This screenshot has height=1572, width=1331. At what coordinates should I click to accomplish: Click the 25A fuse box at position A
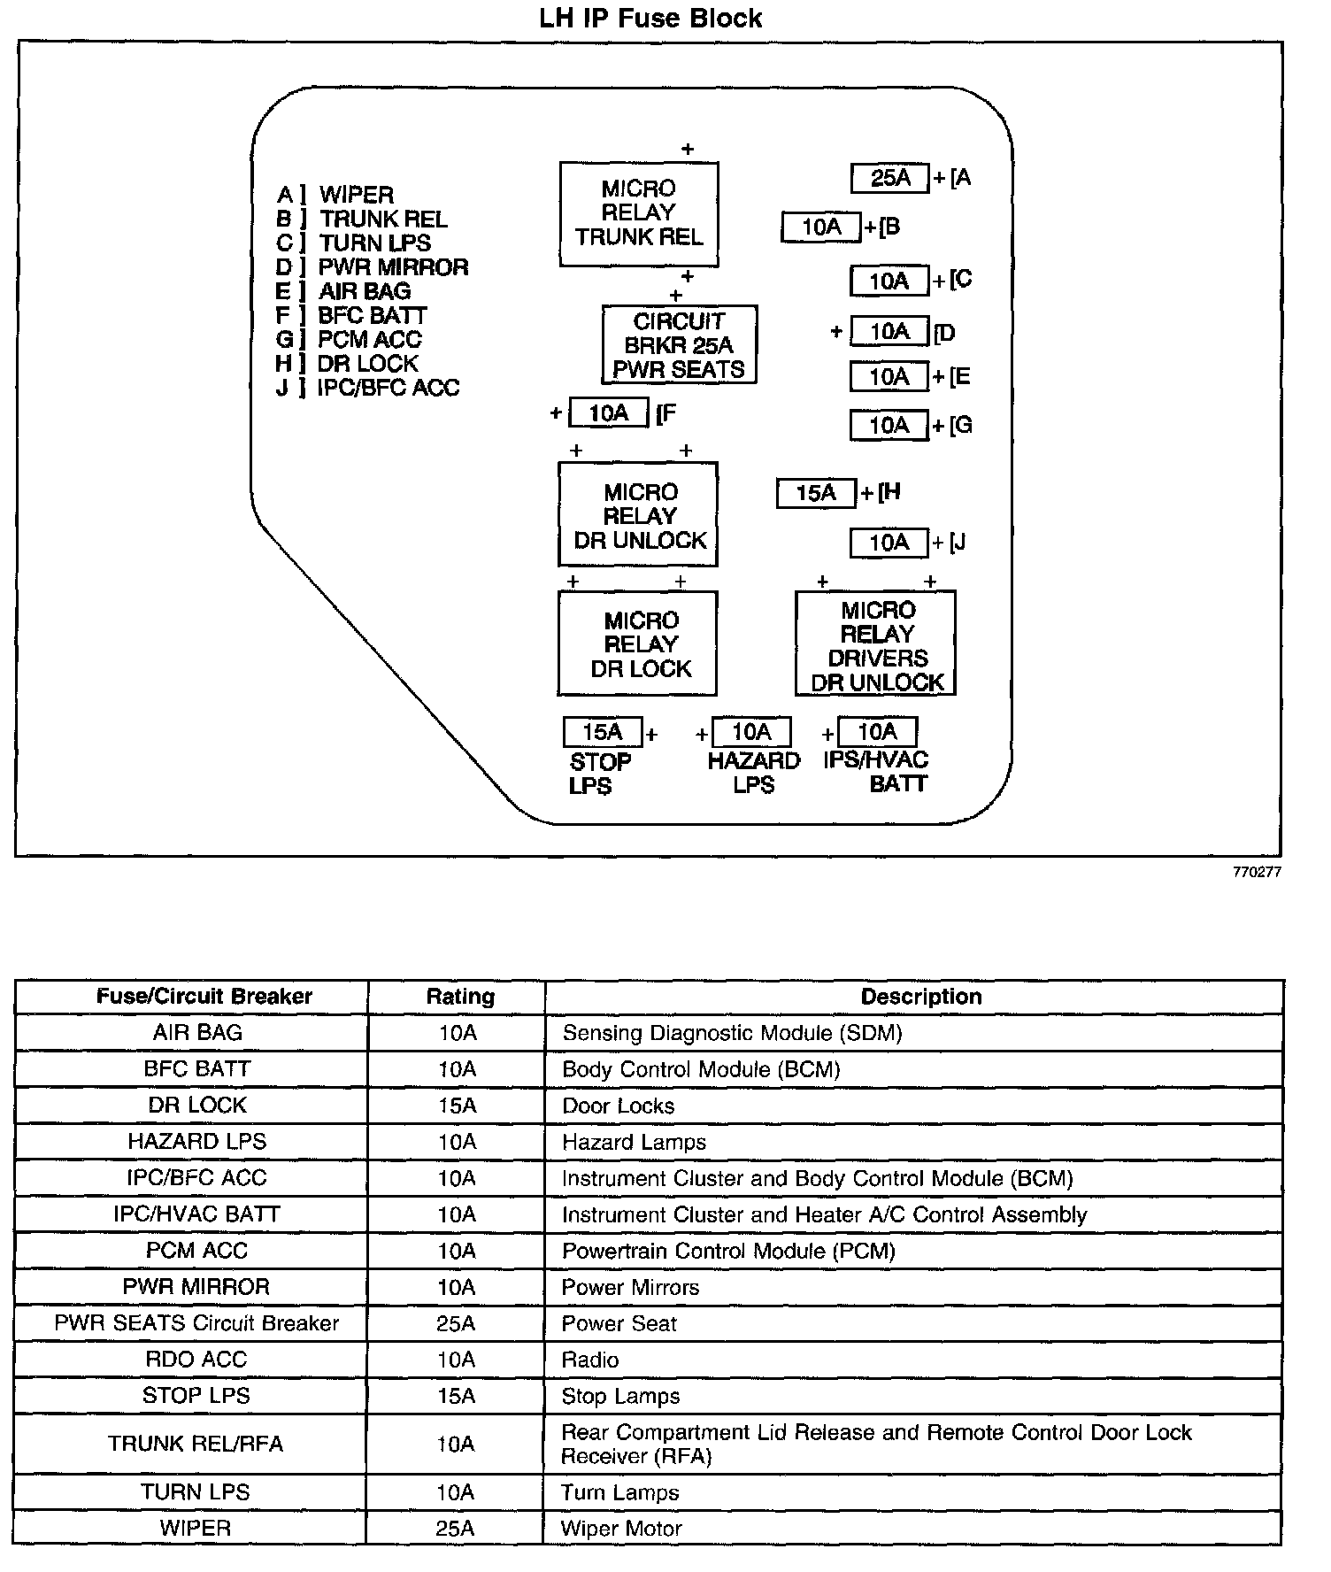click(x=889, y=178)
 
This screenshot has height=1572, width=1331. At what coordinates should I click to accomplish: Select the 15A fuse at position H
click(x=816, y=493)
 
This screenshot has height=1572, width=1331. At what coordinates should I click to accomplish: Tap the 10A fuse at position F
click(x=608, y=412)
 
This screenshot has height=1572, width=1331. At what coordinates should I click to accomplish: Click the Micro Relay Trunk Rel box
click(x=639, y=213)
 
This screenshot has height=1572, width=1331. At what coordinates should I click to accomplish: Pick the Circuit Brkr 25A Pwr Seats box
click(x=679, y=345)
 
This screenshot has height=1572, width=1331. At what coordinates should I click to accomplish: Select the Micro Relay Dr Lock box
click(x=638, y=644)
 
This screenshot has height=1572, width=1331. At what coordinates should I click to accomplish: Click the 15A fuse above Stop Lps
click(x=603, y=732)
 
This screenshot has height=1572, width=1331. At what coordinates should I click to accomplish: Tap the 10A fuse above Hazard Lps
click(x=750, y=732)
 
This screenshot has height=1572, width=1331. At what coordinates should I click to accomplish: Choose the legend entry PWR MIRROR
click(x=393, y=267)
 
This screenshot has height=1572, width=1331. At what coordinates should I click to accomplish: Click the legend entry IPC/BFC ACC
click(x=389, y=388)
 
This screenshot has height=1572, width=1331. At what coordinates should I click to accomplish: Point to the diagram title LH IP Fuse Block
click(x=650, y=19)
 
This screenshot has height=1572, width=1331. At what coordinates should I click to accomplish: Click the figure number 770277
click(x=1257, y=872)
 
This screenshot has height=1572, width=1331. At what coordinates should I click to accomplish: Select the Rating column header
click(x=460, y=997)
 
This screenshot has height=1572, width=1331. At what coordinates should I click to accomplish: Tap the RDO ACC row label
click(x=196, y=1360)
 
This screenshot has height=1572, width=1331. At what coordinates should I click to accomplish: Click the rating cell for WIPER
click(x=456, y=1529)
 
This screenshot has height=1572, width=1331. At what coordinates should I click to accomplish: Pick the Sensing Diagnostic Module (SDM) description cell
click(x=732, y=1033)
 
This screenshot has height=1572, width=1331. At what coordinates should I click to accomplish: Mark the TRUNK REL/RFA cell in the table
click(x=196, y=1444)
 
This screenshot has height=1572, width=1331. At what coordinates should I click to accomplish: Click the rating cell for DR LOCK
click(x=457, y=1106)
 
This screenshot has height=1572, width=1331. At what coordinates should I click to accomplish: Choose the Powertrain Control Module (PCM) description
click(x=728, y=1251)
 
